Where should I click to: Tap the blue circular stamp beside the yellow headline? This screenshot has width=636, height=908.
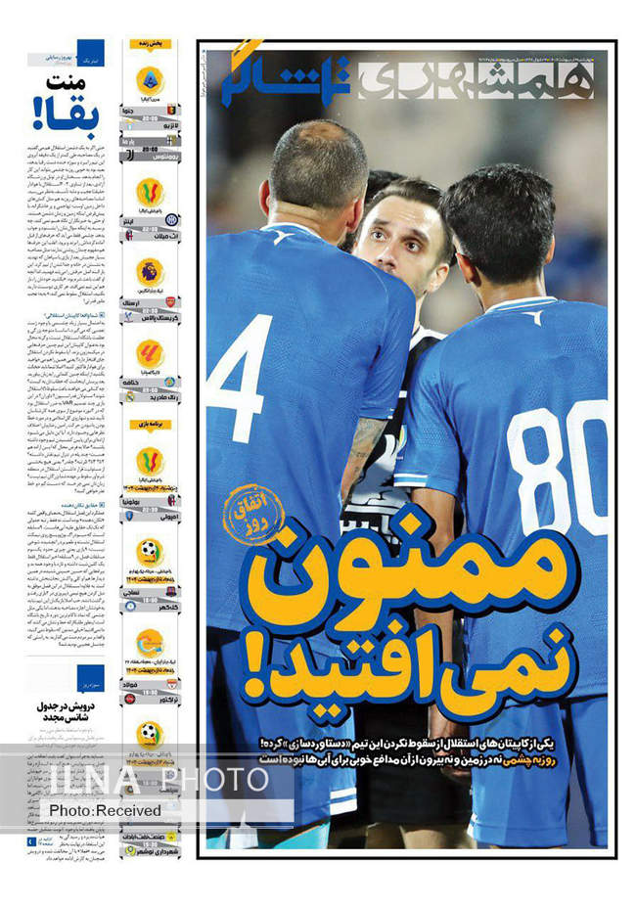[251, 513]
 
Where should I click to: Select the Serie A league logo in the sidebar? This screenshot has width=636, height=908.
[150, 79]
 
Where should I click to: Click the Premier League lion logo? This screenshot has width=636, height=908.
[150, 272]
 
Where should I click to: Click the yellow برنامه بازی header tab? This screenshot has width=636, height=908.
[149, 426]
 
